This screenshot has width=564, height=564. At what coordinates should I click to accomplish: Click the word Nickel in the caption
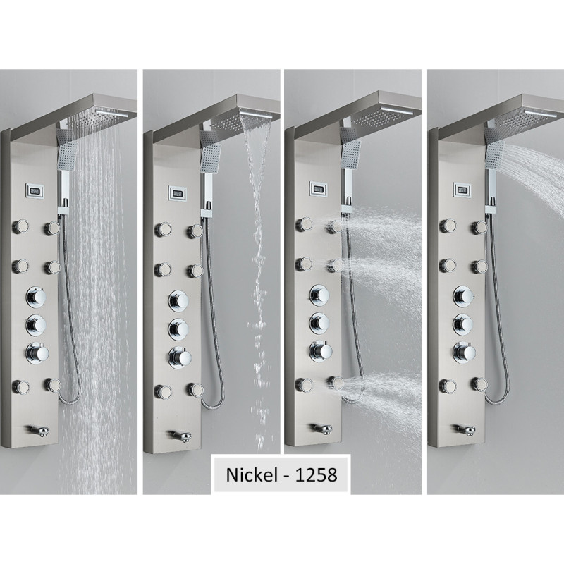pyautogui.click(x=252, y=474)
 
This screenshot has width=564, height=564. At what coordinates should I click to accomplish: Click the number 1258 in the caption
pyautogui.click(x=316, y=474)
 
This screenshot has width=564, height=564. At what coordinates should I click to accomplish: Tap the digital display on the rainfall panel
pyautogui.click(x=35, y=190)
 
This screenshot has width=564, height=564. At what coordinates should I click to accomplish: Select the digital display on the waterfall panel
pyautogui.click(x=178, y=193)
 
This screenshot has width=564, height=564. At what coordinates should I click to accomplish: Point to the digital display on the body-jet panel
pyautogui.click(x=318, y=188)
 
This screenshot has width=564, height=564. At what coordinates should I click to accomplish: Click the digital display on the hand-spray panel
pyautogui.click(x=462, y=189)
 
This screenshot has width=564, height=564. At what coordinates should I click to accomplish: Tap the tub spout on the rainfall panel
pyautogui.click(x=38, y=430)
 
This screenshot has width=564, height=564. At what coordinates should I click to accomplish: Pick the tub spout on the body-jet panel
pyautogui.click(x=321, y=429)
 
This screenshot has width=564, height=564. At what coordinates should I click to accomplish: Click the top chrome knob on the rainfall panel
pyautogui.click(x=36, y=297)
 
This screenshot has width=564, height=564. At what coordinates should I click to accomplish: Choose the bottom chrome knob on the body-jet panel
pyautogui.click(x=321, y=350)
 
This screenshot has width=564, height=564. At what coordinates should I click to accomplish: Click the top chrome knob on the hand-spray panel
pyautogui.click(x=464, y=296)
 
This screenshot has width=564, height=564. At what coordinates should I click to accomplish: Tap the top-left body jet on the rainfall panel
pyautogui.click(x=20, y=226)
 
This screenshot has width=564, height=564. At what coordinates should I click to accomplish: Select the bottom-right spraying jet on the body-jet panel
pyautogui.click(x=336, y=384)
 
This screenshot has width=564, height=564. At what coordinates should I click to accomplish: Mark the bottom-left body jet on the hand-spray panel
pyautogui.click(x=448, y=386)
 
